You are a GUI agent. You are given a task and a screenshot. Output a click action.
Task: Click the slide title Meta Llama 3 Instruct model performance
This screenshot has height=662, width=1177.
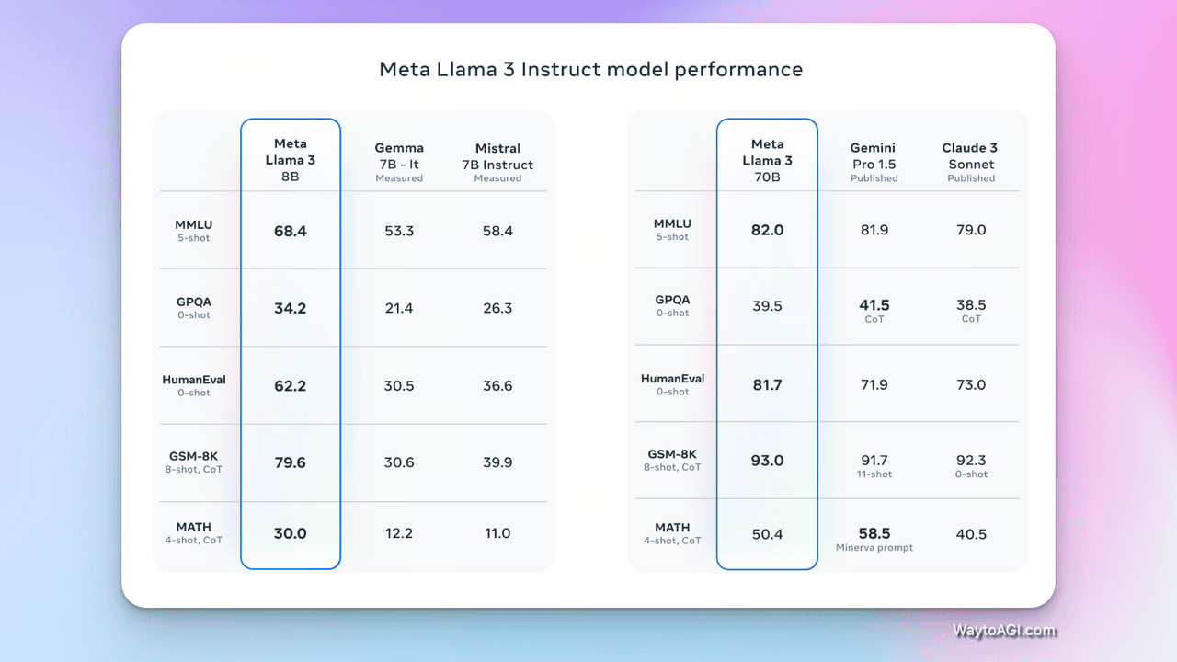coord(590,70)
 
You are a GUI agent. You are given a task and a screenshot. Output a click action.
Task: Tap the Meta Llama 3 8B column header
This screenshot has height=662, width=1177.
coord(291,160)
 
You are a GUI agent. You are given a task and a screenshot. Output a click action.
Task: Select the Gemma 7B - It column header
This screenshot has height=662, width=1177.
coord(399,161)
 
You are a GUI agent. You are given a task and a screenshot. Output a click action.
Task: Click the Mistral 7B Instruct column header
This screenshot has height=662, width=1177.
coord(497,161)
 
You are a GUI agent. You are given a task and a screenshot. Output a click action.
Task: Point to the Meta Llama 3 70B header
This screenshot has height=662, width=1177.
coord(767,160)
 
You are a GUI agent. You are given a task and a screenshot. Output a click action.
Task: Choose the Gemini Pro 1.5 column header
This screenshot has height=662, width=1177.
coord(874,161)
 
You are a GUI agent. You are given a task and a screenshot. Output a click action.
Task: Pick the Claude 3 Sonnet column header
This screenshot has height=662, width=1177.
coord(970,161)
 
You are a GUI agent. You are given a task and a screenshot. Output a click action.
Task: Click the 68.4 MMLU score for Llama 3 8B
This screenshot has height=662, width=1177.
coord(291,231)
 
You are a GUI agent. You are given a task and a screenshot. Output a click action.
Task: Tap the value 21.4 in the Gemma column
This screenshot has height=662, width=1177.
coord(399,308)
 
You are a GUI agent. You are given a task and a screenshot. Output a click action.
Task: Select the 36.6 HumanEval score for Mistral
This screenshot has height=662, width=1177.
coord(497,385)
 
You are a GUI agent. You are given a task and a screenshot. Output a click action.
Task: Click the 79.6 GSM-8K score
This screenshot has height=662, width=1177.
coord(291,462)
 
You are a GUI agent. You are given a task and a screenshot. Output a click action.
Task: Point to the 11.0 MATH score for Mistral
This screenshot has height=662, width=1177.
coord(497,533)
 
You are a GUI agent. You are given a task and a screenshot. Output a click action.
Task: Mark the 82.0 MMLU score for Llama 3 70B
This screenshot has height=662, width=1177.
coord(767,230)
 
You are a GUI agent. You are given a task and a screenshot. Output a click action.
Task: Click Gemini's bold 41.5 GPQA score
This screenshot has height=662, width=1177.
coord(874,305)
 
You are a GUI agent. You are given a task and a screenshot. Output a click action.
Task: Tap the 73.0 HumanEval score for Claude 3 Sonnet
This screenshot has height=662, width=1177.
coord(971,384)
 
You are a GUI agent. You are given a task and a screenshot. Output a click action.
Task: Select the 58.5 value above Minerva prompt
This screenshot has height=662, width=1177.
coord(874,533)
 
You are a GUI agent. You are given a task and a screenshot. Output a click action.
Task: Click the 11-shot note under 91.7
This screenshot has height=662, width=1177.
coord(874,474)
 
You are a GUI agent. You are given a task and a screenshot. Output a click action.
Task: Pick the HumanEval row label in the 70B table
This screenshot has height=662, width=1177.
coord(672,379)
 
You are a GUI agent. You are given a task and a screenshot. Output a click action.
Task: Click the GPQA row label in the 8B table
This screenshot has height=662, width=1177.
coord(194,301)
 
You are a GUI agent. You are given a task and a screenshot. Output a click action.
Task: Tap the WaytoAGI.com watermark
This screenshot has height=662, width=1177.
coord(1004,631)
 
